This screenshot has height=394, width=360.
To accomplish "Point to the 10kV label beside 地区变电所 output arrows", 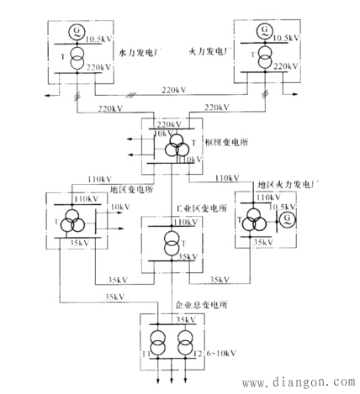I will tap(120, 207).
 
